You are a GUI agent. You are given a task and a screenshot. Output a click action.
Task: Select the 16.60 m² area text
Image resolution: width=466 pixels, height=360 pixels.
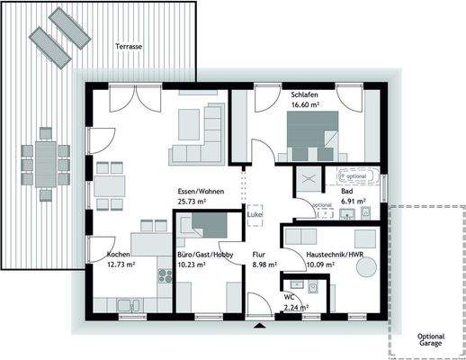coord(306,104)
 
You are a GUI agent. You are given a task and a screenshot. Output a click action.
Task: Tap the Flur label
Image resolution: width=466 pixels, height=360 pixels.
coord(258,255)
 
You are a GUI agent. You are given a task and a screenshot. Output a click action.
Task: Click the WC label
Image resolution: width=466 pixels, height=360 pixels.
coord(289,296)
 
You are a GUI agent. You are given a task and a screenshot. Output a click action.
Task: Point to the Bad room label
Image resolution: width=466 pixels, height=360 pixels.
coord(345,192)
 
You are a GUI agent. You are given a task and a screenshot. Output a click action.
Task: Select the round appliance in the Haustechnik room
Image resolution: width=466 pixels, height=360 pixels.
coord(364,238)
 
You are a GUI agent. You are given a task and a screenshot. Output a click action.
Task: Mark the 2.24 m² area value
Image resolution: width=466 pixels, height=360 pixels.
coord(296,307)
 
